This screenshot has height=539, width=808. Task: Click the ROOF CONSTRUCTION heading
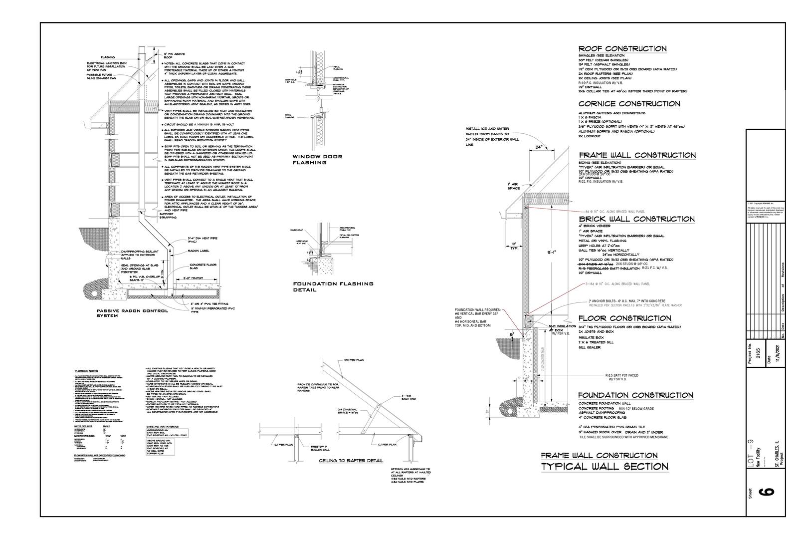[x=622, y=49]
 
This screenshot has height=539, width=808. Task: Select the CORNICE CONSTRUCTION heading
[x=629, y=104]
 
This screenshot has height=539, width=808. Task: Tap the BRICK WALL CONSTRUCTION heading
[x=636, y=219]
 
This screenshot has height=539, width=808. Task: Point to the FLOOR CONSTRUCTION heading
[x=624, y=318]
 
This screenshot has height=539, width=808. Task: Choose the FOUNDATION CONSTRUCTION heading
[x=635, y=395]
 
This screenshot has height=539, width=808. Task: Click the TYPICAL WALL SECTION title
[x=605, y=467]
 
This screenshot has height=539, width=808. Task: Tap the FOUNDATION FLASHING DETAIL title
[x=333, y=286]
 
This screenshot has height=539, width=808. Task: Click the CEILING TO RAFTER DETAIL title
[x=351, y=461]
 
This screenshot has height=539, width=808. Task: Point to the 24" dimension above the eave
[x=539, y=147]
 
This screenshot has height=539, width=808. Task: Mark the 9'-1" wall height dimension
[x=552, y=253]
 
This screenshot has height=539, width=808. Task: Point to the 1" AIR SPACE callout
[x=514, y=186]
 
